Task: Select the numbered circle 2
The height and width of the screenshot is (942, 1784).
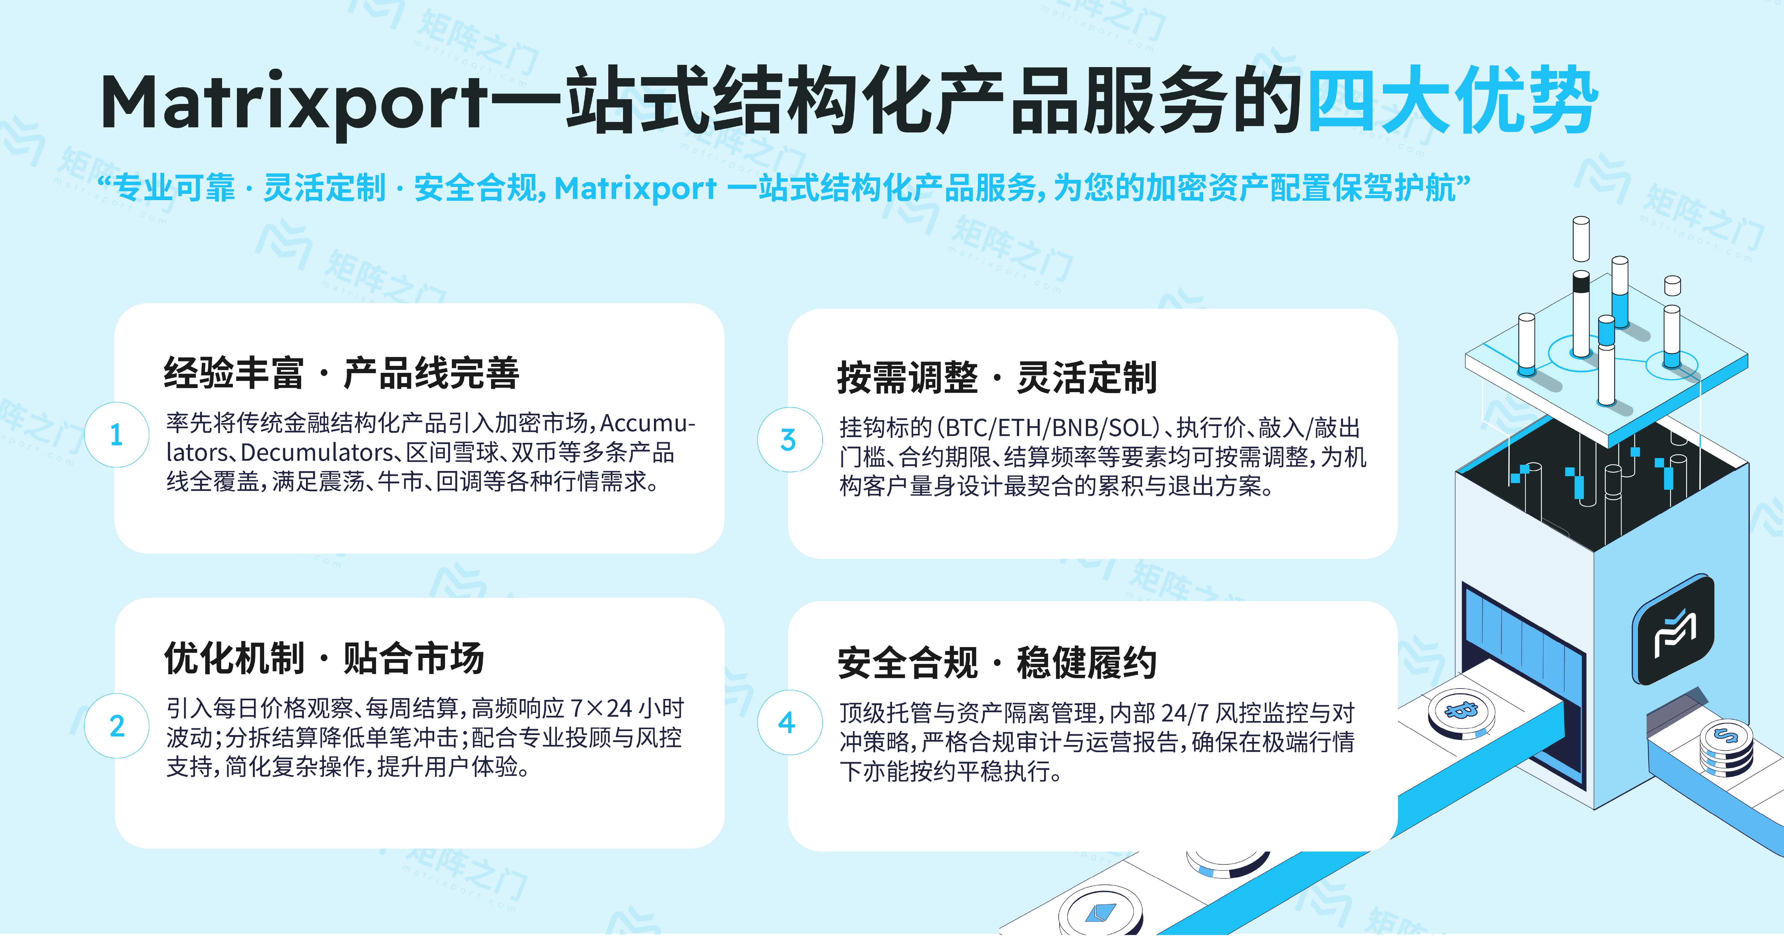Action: (x=116, y=725)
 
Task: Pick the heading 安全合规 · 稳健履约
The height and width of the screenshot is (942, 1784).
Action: (x=997, y=662)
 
